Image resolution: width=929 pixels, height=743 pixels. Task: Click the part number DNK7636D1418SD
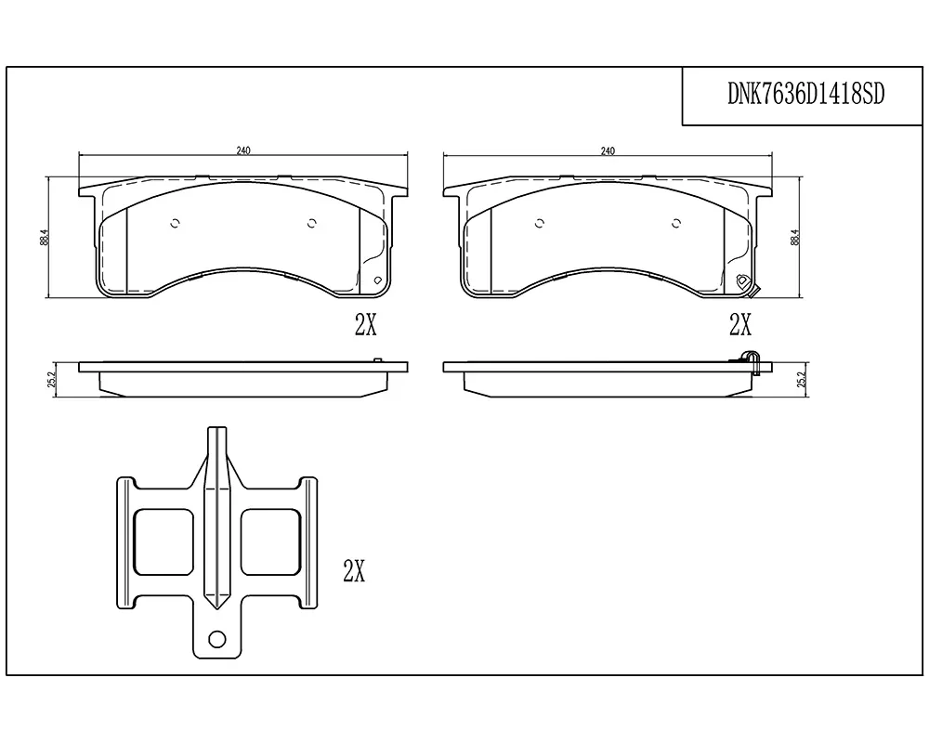coord(805,94)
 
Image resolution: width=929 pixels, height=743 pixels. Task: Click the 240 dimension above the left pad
coord(243,150)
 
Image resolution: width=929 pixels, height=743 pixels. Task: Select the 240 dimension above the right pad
coord(608,150)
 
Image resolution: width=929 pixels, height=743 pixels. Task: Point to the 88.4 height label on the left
coord(44,238)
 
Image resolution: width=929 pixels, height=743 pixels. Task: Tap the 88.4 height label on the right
coord(795,238)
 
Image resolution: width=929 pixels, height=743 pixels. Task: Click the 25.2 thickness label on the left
coord(51,380)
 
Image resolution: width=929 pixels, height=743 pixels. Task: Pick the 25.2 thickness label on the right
coord(803,380)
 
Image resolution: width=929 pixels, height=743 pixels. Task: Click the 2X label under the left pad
coord(365,324)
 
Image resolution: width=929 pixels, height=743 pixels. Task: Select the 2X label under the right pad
coord(740,324)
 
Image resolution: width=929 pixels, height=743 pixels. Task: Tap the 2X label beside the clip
coord(354,570)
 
